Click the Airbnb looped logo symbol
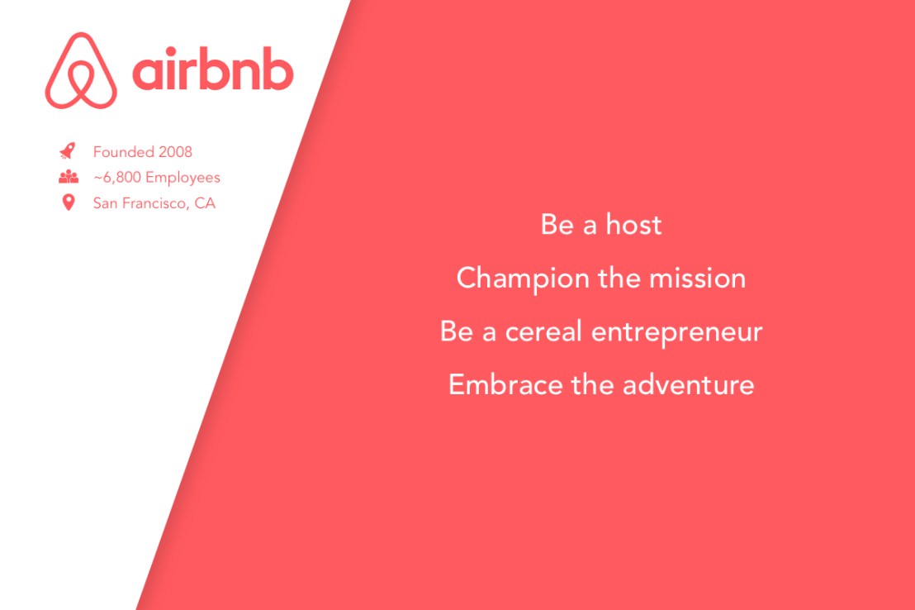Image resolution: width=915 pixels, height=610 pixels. [81, 71]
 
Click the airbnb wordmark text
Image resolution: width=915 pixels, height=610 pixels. [212, 73]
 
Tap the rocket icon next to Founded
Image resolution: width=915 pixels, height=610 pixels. [68, 151]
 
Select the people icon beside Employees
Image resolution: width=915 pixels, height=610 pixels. [68, 177]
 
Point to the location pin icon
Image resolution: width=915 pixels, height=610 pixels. [68, 203]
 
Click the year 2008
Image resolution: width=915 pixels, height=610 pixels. [176, 152]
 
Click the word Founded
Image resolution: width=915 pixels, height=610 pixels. [124, 152]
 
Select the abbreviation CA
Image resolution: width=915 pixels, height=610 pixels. [205, 203]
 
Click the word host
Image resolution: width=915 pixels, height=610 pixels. [633, 225]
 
